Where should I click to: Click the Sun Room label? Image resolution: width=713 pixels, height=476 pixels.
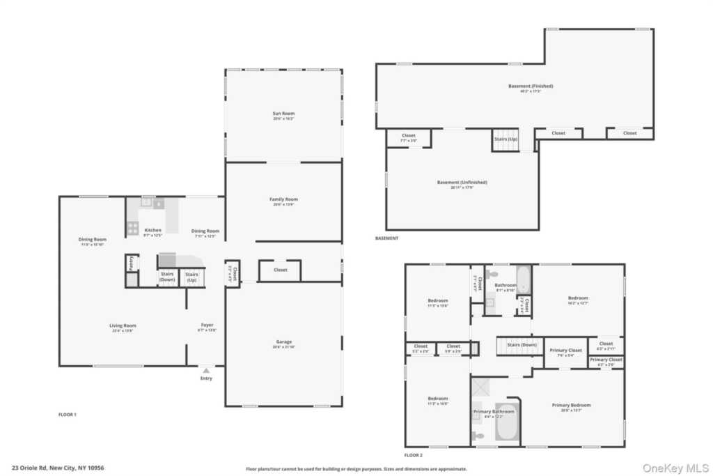(283, 113)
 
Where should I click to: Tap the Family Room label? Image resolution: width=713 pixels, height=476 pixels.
(283, 199)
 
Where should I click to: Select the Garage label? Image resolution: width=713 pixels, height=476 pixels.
(283, 342)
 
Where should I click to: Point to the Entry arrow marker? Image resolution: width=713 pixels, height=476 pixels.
(206, 371)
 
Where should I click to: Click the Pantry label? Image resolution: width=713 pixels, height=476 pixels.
(130, 263)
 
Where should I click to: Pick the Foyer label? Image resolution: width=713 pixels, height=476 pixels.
(207, 325)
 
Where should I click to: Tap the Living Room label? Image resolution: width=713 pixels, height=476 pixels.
(123, 325)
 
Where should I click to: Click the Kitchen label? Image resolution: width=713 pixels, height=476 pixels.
(152, 231)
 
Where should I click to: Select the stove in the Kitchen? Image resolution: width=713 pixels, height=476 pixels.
(132, 227)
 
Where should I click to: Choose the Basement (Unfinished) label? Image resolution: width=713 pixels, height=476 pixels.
(462, 183)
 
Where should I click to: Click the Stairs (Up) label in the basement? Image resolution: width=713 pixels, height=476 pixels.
(506, 139)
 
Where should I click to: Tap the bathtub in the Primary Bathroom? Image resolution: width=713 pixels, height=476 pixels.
(506, 422)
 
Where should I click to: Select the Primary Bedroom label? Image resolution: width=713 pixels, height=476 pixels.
(571, 405)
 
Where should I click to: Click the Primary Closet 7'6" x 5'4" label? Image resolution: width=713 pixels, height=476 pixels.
(565, 351)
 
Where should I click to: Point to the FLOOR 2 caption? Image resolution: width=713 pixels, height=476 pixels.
(412, 455)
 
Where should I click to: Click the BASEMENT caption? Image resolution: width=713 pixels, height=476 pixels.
(386, 238)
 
